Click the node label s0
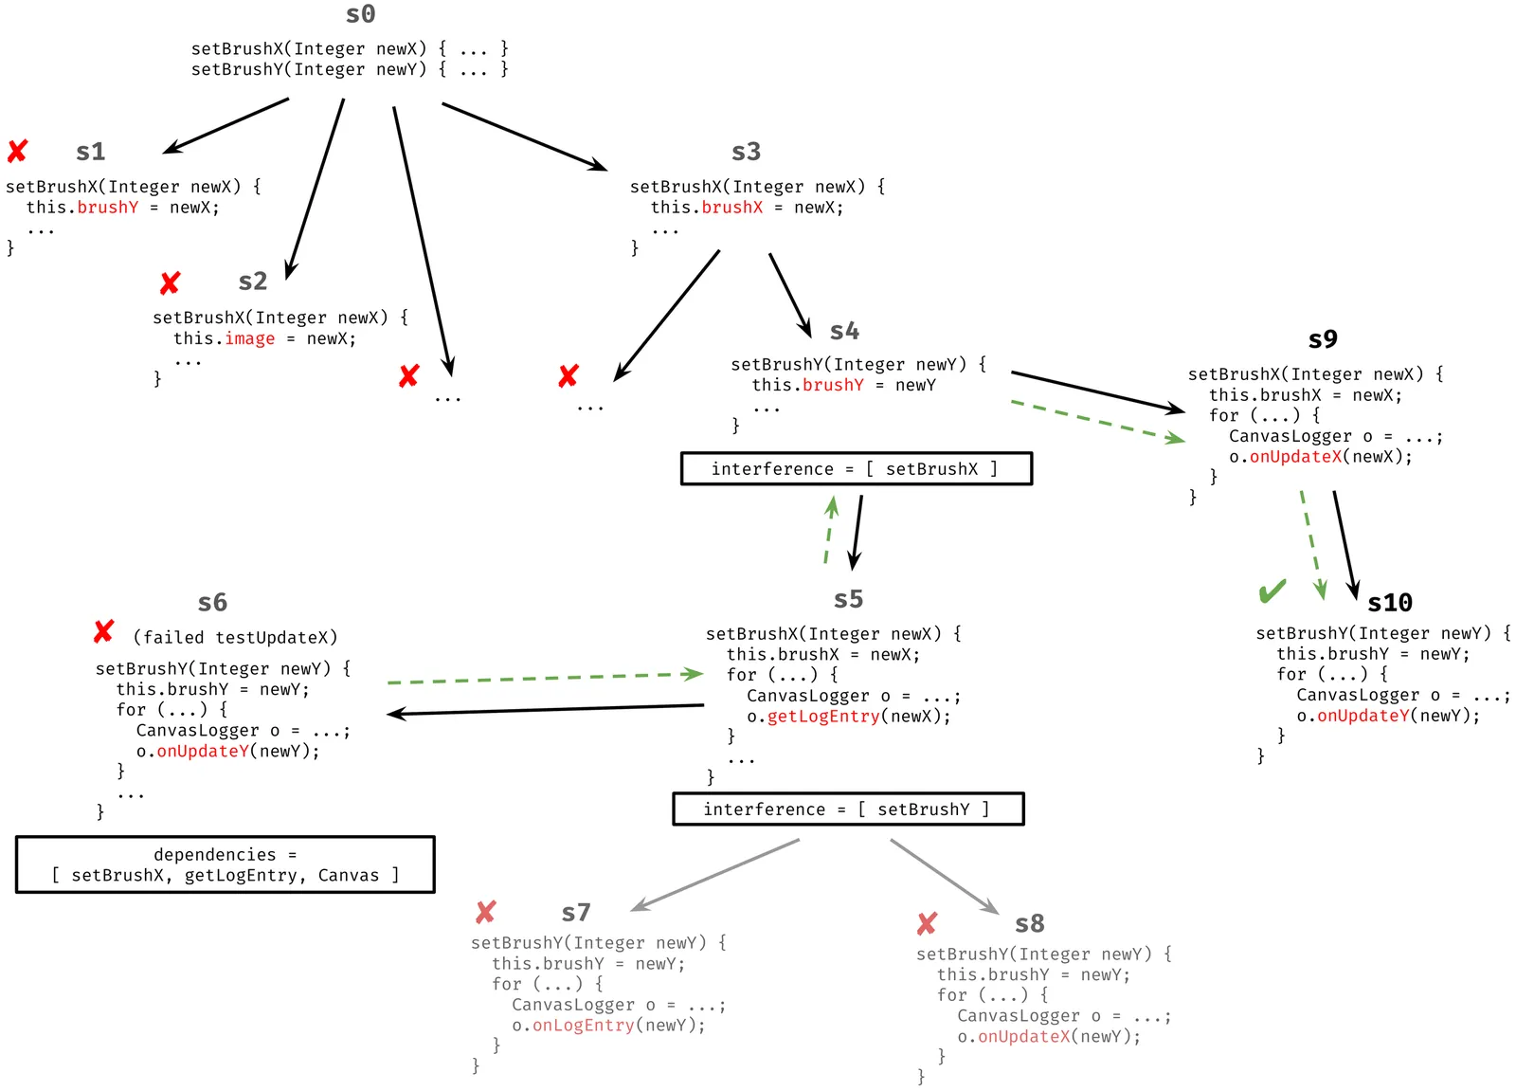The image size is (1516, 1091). pyautogui.click(x=360, y=14)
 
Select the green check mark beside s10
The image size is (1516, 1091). pyautogui.click(x=1272, y=591)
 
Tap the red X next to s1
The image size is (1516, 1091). pyautogui.click(x=17, y=151)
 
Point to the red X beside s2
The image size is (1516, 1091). pyautogui.click(x=170, y=282)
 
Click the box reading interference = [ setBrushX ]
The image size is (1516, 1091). pyautogui.click(x=856, y=468)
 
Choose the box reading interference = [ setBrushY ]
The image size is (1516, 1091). pyautogui.click(x=848, y=809)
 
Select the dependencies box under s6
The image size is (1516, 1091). pyautogui.click(x=226, y=864)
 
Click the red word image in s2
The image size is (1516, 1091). pyautogui.click(x=249, y=338)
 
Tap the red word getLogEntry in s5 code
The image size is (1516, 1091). pyautogui.click(x=822, y=717)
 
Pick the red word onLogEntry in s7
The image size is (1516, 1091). pyautogui.click(x=583, y=1025)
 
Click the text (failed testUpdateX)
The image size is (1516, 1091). pyautogui.click(x=235, y=637)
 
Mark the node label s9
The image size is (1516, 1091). pyautogui.click(x=1322, y=339)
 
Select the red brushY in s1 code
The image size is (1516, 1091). pyautogui.click(x=107, y=208)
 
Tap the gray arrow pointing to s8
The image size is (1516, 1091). pyautogui.click(x=944, y=877)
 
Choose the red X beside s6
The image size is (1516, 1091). pyautogui.click(x=103, y=631)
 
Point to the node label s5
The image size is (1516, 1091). pyautogui.click(x=848, y=599)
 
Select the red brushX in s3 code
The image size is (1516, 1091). pyautogui.click(x=731, y=208)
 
